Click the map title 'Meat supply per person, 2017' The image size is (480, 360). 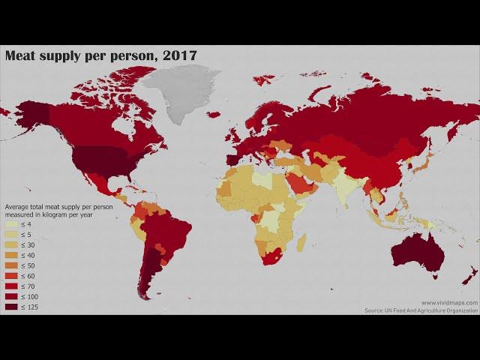click(x=100, y=55)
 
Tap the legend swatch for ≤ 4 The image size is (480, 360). click(x=12, y=224)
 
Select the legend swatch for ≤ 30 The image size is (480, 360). click(x=12, y=245)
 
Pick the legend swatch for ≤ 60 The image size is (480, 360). click(x=12, y=276)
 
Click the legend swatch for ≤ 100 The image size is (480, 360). click(x=12, y=297)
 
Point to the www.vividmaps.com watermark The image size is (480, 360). click(x=448, y=302)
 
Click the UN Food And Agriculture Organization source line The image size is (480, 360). click(x=421, y=310)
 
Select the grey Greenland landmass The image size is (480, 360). click(x=180, y=90)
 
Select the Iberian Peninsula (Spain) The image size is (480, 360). click(x=232, y=159)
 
